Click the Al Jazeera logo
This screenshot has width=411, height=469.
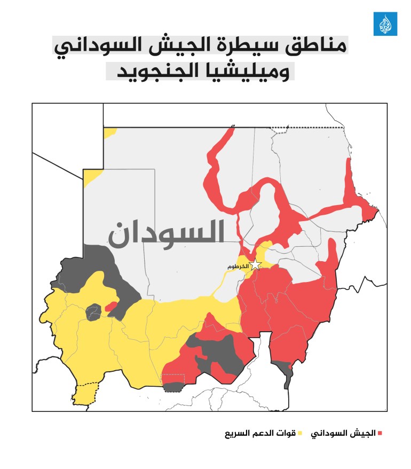coord(385,24)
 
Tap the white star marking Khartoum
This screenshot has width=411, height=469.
coord(256,264)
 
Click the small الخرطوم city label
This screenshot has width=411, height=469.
coord(238,266)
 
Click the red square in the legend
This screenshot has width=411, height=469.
coord(380,433)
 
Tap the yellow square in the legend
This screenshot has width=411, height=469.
coord(299,433)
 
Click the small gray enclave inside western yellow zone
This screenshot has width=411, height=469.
coord(93,311)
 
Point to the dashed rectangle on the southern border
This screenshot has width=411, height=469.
coord(173,383)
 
